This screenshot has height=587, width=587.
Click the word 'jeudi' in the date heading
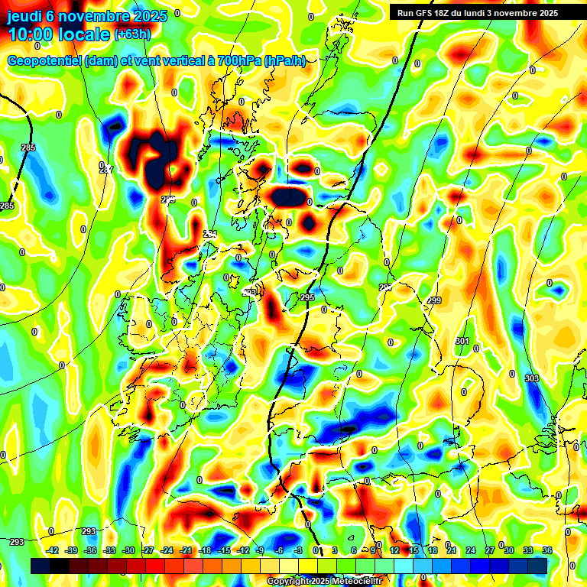pyautogui.click(x=24, y=16)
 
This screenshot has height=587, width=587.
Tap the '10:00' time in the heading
pyautogui.click(x=30, y=34)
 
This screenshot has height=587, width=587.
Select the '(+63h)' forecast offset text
pyautogui.click(x=132, y=34)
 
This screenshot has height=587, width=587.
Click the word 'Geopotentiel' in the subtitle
pyautogui.click(x=44, y=61)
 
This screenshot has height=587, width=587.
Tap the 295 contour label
pyautogui.click(x=307, y=297)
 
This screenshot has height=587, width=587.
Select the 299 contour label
pyautogui.click(x=434, y=301)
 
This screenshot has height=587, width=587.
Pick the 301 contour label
pyautogui.click(x=462, y=341)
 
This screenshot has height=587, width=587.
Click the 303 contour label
pyautogui.click(x=532, y=378)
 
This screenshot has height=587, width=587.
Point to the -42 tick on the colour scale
pyautogui.click(x=53, y=550)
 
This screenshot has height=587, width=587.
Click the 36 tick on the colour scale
pyautogui.click(x=547, y=550)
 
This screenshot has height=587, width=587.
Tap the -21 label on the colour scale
pyautogui.click(x=186, y=550)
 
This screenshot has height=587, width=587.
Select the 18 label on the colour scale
pyautogui.click(x=433, y=550)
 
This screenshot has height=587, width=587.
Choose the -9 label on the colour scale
pyautogui.click(x=260, y=550)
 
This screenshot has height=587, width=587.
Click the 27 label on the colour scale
pyautogui.click(x=489, y=550)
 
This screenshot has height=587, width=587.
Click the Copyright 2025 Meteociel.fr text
pyautogui.click(x=324, y=582)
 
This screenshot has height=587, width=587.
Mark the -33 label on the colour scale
pyautogui.click(x=109, y=550)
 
